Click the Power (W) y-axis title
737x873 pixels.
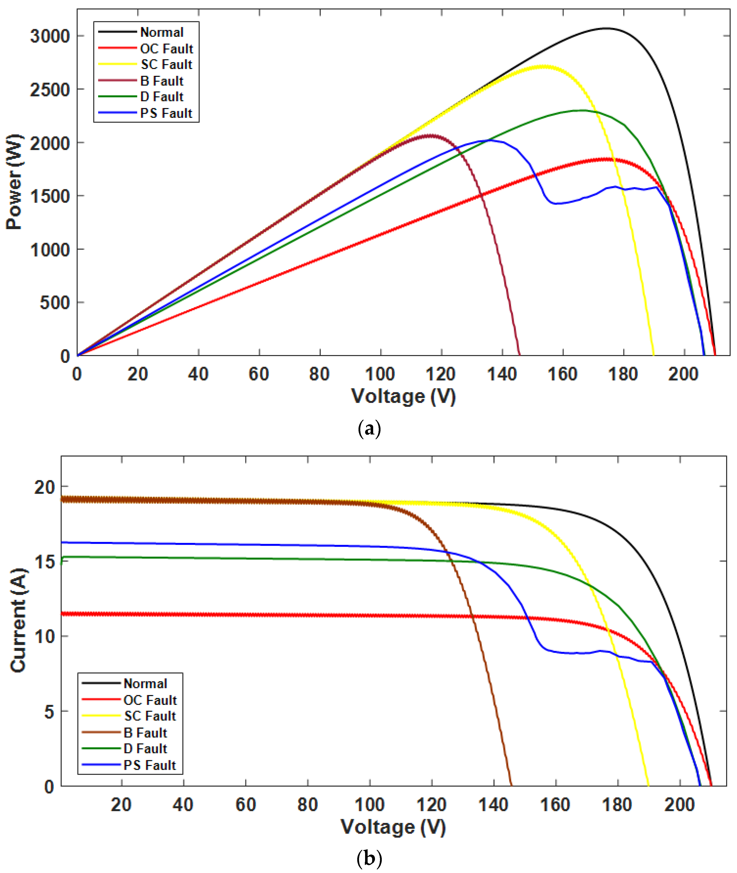point(15,182)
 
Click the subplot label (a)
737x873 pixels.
point(369,429)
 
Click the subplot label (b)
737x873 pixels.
point(369,859)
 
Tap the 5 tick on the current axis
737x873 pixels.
point(49,711)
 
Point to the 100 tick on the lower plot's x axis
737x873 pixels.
point(369,804)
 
